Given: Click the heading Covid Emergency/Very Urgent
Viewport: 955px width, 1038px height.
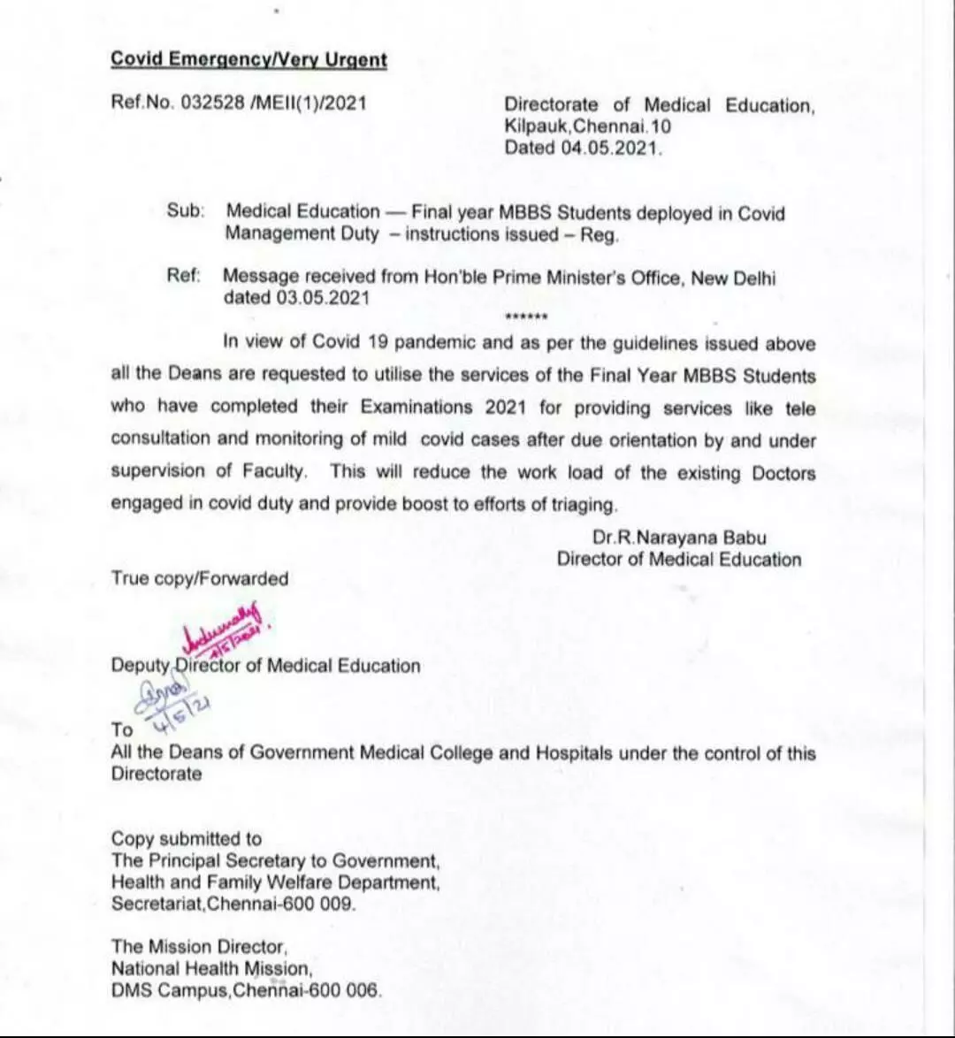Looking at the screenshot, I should [x=248, y=60].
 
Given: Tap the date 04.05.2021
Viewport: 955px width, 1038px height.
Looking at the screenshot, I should [x=610, y=148].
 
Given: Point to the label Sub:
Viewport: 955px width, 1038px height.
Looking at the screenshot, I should [x=186, y=212].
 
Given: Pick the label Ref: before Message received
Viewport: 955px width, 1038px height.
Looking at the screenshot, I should [x=184, y=276].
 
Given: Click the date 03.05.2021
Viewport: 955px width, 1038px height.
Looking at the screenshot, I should [x=323, y=298].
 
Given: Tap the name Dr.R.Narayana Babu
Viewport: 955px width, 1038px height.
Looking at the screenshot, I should [x=679, y=538].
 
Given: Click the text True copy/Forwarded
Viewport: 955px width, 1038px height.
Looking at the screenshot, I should [x=200, y=579].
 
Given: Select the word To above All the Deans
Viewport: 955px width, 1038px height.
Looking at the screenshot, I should [x=122, y=729].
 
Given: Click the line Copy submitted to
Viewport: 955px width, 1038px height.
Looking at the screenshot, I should [x=187, y=838].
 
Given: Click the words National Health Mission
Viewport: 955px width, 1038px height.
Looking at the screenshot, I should [x=211, y=968].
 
